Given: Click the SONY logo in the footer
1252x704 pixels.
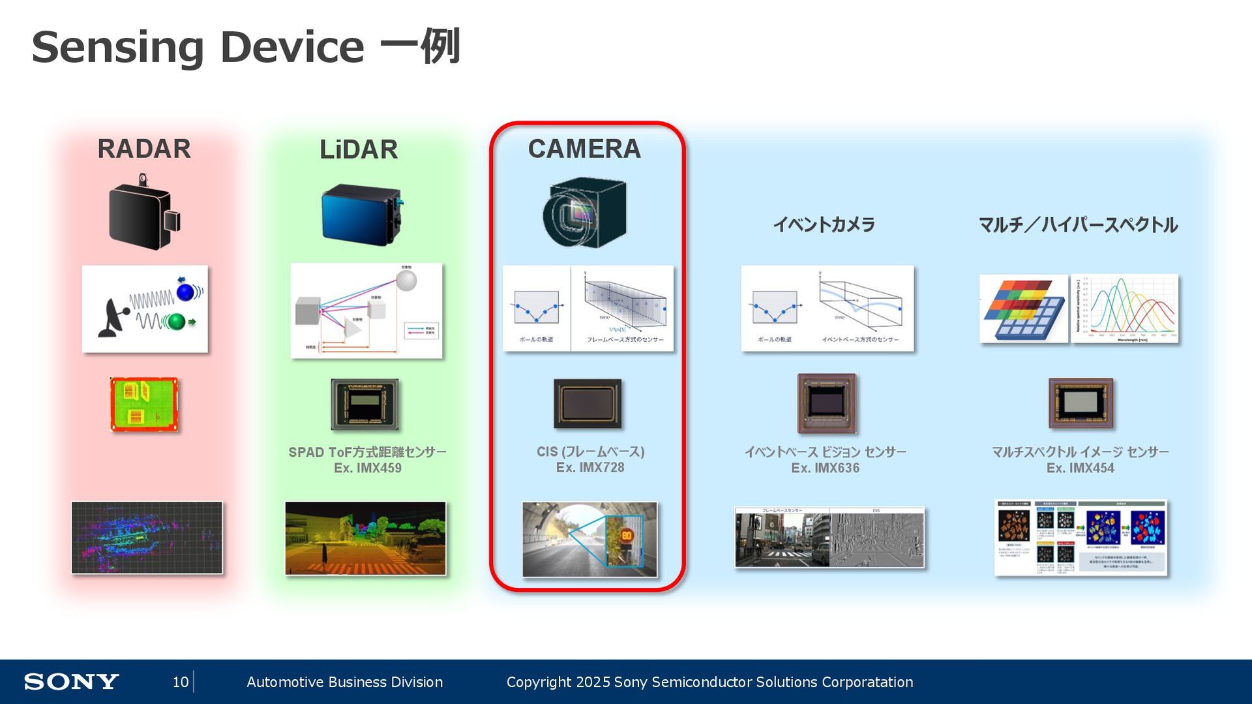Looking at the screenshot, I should [71, 682].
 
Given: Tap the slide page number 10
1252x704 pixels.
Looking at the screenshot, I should [180, 682].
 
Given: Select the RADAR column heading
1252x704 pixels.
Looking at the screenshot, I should [144, 149].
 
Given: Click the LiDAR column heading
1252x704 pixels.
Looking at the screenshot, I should [359, 149].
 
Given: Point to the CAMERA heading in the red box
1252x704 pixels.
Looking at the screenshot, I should [584, 149].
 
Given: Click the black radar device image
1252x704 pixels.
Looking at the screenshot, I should [143, 213].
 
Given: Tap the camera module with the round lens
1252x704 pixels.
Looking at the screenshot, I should [584, 213].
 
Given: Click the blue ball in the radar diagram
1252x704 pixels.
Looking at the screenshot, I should [186, 291].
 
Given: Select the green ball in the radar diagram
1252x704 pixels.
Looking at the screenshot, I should [175, 321].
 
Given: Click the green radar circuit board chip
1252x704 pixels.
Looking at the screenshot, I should [144, 405].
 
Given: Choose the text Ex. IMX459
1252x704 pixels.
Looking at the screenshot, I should [368, 468].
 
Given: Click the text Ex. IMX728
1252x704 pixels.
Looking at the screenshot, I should [590, 467].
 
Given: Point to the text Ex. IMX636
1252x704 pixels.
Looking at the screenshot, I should [825, 468].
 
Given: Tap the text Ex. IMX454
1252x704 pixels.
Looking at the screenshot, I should [1081, 468].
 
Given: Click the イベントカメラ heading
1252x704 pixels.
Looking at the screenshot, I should [824, 225].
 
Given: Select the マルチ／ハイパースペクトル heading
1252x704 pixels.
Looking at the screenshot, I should [1078, 225].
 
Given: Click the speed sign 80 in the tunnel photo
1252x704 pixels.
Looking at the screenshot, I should [626, 536].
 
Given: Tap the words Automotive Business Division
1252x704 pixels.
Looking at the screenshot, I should [344, 682].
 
